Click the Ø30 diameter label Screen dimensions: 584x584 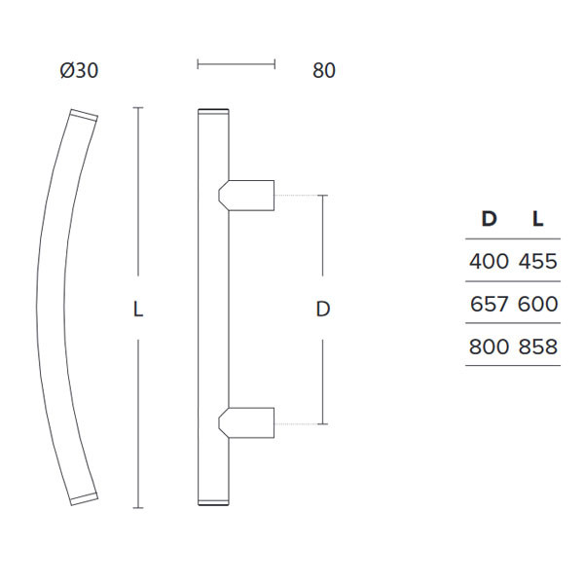tap(79, 71)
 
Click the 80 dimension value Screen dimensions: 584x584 tap(324, 71)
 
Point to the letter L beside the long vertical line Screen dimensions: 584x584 tap(138, 310)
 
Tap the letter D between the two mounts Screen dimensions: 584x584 tap(324, 310)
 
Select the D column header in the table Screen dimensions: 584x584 tap(490, 219)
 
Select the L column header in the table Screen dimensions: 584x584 tap(537, 219)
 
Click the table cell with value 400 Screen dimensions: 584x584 tap(489, 261)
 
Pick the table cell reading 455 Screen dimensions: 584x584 tap(538, 261)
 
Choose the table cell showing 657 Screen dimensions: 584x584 tap(489, 304)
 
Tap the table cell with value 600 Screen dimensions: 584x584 tap(538, 304)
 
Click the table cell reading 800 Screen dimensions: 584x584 tap(489, 347)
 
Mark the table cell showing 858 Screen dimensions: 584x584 tap(538, 347)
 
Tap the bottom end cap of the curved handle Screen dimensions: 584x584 tap(83, 498)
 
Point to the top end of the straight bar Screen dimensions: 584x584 tap(213, 109)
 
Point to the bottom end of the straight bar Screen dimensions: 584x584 tap(213, 503)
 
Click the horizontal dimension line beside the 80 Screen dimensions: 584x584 tap(236, 65)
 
